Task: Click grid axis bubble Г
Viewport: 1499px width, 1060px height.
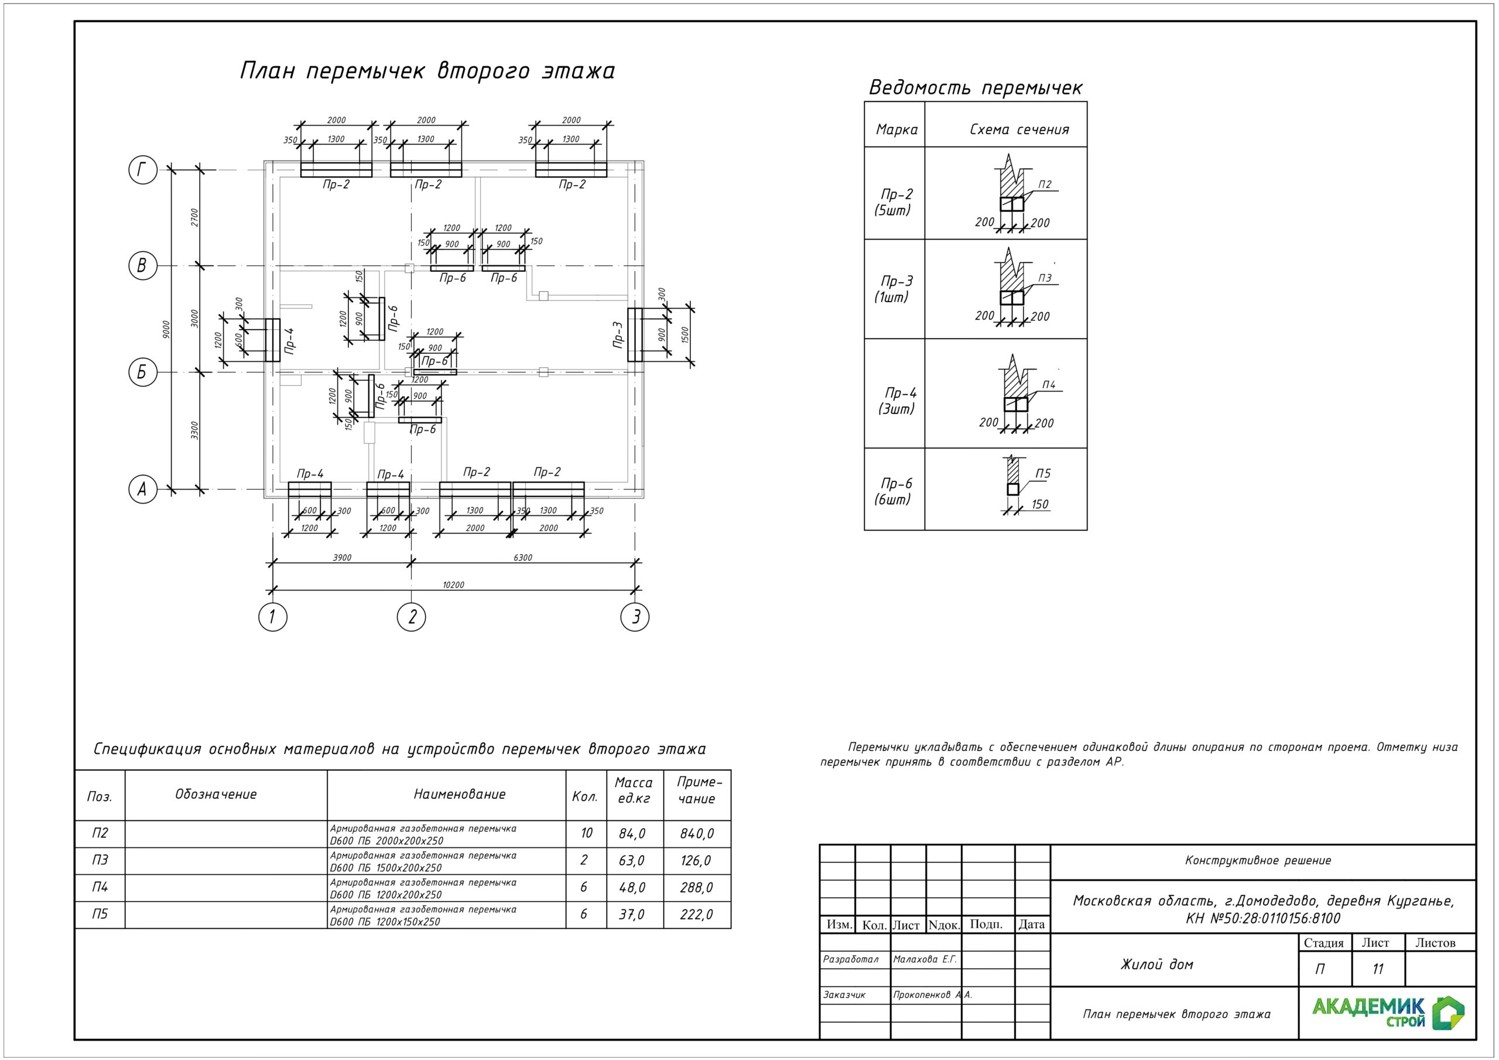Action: point(142,171)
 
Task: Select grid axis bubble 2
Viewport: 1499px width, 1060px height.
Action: point(411,617)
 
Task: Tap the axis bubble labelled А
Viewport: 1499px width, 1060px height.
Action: point(142,489)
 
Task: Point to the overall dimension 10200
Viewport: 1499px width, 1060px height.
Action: point(453,585)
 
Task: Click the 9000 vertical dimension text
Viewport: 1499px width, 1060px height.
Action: point(166,329)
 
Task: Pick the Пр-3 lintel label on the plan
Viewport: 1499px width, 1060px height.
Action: point(618,334)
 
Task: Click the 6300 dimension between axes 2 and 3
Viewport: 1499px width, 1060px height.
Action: point(523,558)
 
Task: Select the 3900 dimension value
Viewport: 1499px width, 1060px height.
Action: point(342,558)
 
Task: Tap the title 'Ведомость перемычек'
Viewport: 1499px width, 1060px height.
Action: point(976,87)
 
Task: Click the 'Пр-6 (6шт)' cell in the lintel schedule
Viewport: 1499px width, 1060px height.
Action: point(896,491)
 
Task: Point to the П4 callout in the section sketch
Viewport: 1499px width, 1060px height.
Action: point(1049,385)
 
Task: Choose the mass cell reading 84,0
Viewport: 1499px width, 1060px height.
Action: point(632,833)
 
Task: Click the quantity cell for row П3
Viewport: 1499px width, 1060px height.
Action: point(584,860)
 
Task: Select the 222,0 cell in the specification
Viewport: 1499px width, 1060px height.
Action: point(697,914)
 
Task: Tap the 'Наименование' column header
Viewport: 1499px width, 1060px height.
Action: point(460,794)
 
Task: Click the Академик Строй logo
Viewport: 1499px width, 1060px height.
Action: point(1388,1013)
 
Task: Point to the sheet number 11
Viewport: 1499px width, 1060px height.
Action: point(1378,969)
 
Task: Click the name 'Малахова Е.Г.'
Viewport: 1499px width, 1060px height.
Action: point(925,959)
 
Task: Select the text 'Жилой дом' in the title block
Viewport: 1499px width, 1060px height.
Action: point(1157,965)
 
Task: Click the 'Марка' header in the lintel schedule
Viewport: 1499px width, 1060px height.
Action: point(896,130)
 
